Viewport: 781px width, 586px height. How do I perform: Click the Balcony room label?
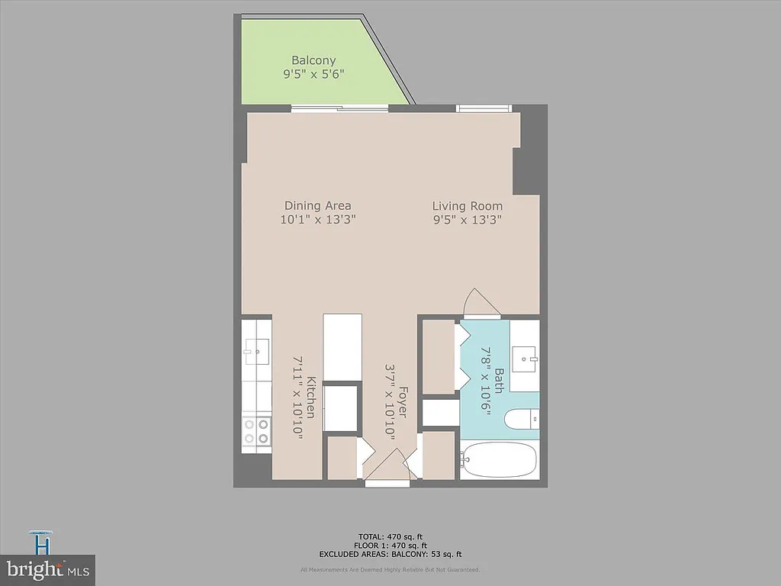click(313, 60)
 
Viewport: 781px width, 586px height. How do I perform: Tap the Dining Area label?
click(317, 205)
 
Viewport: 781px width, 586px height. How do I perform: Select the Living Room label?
click(467, 205)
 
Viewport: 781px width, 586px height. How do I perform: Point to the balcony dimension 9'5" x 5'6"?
click(313, 75)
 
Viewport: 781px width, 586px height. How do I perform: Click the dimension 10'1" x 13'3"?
click(318, 220)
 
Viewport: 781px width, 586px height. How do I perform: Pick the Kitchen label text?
click(310, 396)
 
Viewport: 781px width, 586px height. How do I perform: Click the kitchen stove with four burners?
click(257, 432)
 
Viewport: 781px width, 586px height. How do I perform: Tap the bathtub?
click(500, 460)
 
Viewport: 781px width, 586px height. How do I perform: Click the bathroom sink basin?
click(525, 356)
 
